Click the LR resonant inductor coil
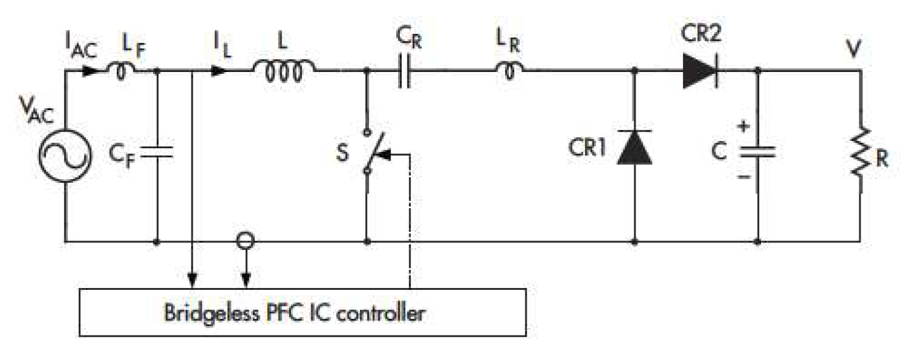[x=511, y=71]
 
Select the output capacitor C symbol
[x=758, y=151]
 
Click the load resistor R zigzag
[x=859, y=151]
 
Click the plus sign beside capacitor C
[x=744, y=127]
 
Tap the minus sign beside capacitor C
[x=744, y=176]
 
